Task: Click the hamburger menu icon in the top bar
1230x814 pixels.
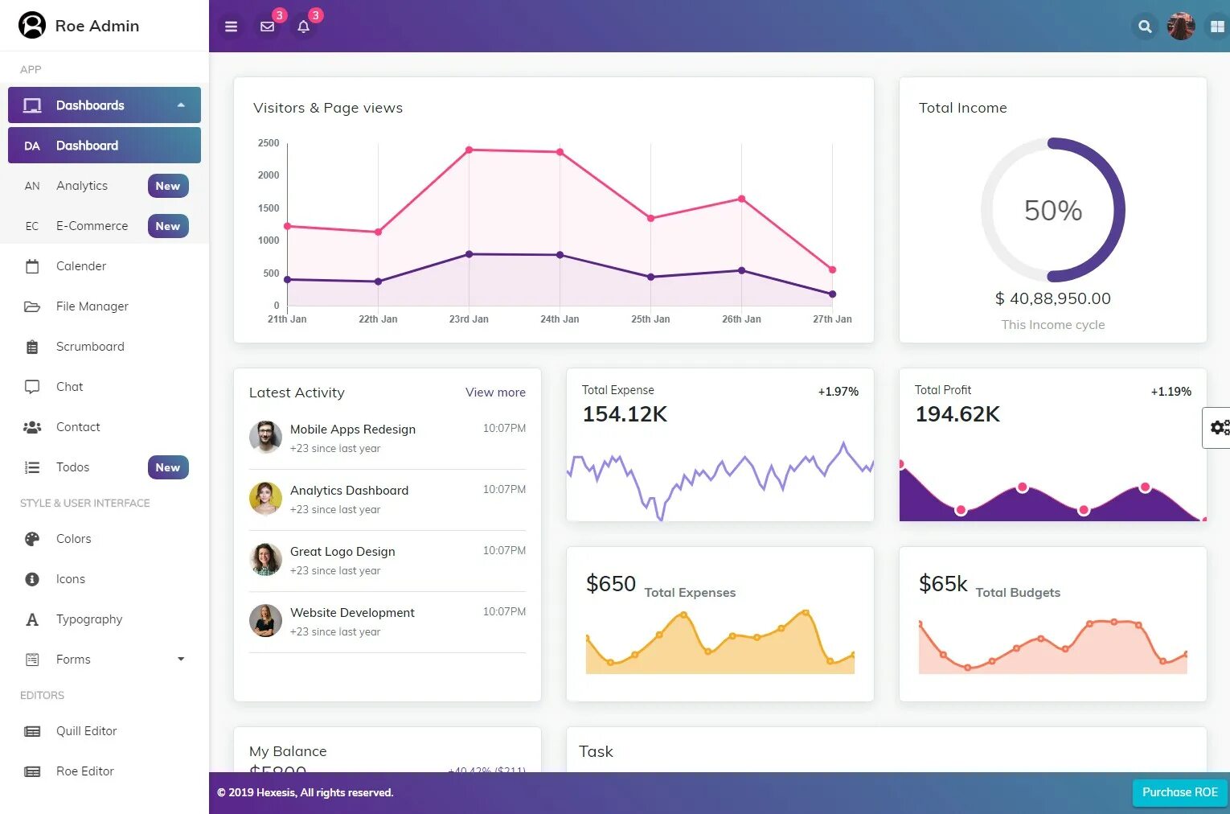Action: click(x=231, y=27)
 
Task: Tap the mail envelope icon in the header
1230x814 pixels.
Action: click(x=268, y=27)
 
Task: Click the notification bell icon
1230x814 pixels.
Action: click(x=303, y=27)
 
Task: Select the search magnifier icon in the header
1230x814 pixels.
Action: click(x=1145, y=27)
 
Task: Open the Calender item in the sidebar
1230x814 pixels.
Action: click(x=80, y=266)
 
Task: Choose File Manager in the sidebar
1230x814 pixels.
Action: click(x=92, y=306)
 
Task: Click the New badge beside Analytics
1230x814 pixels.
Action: click(x=168, y=186)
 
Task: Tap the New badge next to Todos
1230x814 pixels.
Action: click(x=168, y=467)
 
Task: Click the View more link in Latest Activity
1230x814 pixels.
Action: click(x=495, y=393)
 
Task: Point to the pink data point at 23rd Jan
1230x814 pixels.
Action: click(x=469, y=150)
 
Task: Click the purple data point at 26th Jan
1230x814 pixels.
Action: click(x=741, y=270)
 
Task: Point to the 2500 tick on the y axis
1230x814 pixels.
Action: click(x=269, y=143)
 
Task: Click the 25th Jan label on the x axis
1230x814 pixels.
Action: click(x=650, y=319)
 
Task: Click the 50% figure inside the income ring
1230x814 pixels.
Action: click(x=1052, y=211)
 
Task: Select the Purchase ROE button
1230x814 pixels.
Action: click(x=1179, y=792)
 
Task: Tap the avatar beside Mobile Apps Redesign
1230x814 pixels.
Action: click(x=265, y=437)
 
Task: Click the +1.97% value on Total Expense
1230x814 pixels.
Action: click(x=838, y=392)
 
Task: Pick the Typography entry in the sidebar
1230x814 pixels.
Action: click(x=89, y=619)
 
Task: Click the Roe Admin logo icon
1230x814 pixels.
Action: click(x=32, y=26)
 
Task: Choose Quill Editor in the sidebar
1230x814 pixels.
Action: click(x=86, y=731)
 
